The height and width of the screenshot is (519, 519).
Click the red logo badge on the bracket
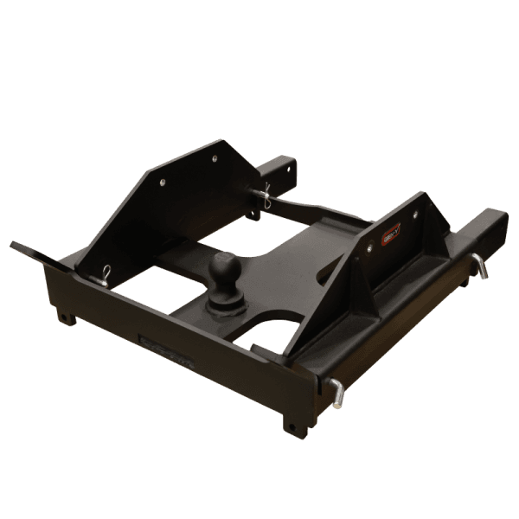tap(392, 232)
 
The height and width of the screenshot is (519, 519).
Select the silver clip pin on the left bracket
tap(104, 275)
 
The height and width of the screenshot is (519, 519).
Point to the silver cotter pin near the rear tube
tap(264, 197)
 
